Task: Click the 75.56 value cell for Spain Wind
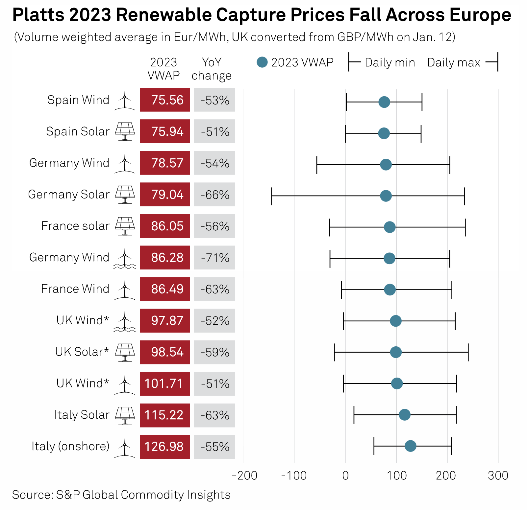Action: [165, 100]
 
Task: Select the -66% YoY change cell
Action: [214, 195]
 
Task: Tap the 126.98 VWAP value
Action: [165, 447]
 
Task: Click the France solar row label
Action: [75, 226]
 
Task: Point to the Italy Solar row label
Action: [82, 415]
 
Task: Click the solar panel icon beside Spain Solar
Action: [125, 131]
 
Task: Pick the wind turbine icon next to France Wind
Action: [125, 290]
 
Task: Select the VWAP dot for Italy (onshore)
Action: [410, 446]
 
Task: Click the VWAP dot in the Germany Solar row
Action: [386, 196]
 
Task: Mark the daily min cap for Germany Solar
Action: [272, 196]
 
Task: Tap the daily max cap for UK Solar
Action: [468, 352]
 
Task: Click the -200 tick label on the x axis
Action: [244, 475]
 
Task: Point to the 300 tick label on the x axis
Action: [498, 475]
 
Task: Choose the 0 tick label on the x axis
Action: [345, 475]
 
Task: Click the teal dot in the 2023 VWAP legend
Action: [262, 62]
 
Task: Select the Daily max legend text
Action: [454, 62]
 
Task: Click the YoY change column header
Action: [212, 69]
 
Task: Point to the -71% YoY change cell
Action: [214, 258]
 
